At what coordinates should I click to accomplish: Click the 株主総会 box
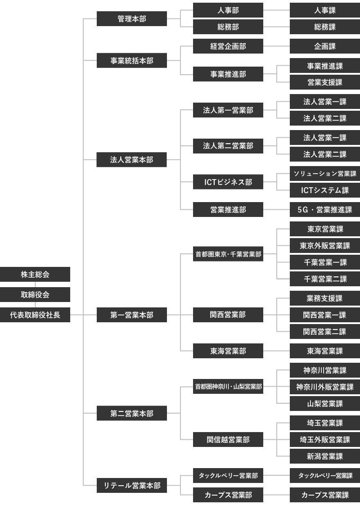point(35,275)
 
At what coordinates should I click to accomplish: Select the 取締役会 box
point(35,295)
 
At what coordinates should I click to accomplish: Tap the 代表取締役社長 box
point(35,315)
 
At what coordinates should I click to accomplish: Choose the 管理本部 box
point(132,19)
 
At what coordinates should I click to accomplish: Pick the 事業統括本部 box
point(132,60)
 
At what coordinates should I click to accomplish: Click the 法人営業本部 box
point(132,160)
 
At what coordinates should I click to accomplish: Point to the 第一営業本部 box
point(132,315)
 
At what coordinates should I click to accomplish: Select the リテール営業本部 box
point(132,485)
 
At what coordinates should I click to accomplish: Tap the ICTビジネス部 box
point(228,182)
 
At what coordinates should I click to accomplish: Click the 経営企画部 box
point(228,46)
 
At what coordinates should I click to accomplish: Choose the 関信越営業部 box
point(228,440)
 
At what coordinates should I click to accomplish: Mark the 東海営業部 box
point(228,351)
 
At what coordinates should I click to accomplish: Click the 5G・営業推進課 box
point(325,209)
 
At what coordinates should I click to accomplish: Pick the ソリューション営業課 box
point(325,174)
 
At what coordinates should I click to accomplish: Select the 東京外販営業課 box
point(325,246)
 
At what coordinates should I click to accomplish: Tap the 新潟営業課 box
point(325,456)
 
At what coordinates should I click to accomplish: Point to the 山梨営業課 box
point(325,404)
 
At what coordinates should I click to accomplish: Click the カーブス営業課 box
point(325,495)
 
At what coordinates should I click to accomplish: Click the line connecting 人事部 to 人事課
point(276,10)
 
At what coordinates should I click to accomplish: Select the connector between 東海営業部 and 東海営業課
point(276,351)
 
